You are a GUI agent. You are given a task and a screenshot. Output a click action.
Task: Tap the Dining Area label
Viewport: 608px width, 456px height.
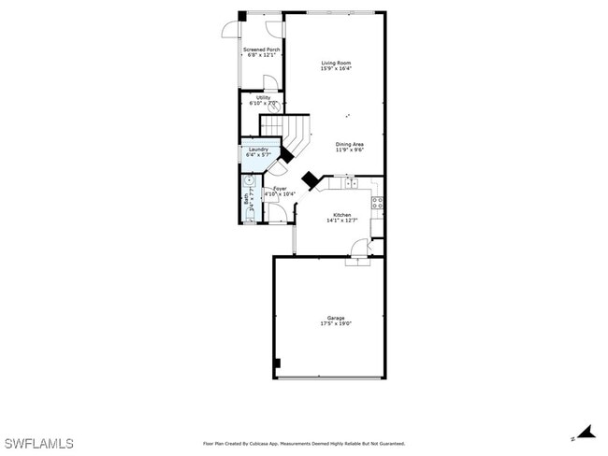pos(350,143)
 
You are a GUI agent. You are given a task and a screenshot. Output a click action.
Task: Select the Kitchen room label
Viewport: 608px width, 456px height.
pos(341,215)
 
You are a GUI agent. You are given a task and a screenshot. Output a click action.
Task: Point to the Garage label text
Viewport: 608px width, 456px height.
pos(336,317)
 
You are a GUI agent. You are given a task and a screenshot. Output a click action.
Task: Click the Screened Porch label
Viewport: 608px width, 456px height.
pos(261,50)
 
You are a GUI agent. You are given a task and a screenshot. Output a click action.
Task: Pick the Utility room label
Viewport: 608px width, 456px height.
pos(264,97)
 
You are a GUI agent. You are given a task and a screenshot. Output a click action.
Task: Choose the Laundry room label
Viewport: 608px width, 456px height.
pos(258,150)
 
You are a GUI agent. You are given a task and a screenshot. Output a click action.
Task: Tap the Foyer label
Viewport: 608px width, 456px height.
pos(280,189)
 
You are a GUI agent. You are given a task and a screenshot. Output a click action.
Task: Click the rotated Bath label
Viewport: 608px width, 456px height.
pos(247,198)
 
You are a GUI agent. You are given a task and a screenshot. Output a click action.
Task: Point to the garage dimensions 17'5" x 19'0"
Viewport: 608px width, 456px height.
pos(336,323)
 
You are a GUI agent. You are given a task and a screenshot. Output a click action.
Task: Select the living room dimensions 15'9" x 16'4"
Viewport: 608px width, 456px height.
pos(336,69)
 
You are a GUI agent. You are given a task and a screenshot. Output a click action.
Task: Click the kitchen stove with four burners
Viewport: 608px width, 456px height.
pos(377,202)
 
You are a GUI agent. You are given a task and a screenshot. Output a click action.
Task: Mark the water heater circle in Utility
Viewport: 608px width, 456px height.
pos(275,107)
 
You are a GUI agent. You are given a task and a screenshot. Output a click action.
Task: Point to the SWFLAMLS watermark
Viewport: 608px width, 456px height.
pos(38,442)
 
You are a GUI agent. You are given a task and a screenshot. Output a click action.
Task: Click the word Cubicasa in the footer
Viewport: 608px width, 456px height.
pos(264,444)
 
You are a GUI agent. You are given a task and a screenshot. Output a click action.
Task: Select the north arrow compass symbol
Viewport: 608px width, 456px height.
pos(586,433)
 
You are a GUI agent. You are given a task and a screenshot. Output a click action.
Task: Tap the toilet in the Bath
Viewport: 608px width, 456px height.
pos(248,216)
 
